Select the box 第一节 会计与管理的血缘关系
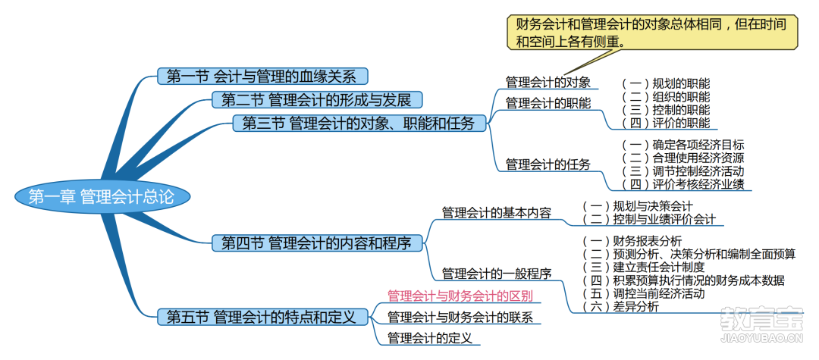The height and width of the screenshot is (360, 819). (262, 77)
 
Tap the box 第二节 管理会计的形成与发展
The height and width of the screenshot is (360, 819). (316, 99)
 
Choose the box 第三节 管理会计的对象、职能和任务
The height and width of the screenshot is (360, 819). (359, 123)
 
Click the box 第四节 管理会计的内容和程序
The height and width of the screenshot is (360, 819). (317, 243)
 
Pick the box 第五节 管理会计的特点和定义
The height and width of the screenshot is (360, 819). (262, 317)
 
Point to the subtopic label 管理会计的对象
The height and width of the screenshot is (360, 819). (548, 83)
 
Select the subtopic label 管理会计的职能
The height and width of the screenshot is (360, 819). (548, 103)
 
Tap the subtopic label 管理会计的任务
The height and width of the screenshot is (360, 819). (548, 165)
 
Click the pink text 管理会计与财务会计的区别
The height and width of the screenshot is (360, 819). (460, 296)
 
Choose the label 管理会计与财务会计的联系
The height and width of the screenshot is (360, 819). (460, 317)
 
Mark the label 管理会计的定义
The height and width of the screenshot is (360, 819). (430, 337)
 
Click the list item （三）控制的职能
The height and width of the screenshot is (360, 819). (666, 110)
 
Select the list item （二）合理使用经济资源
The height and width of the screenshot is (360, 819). (683, 158)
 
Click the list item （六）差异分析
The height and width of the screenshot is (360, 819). (620, 307)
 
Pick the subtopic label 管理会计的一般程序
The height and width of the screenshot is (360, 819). (497, 274)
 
